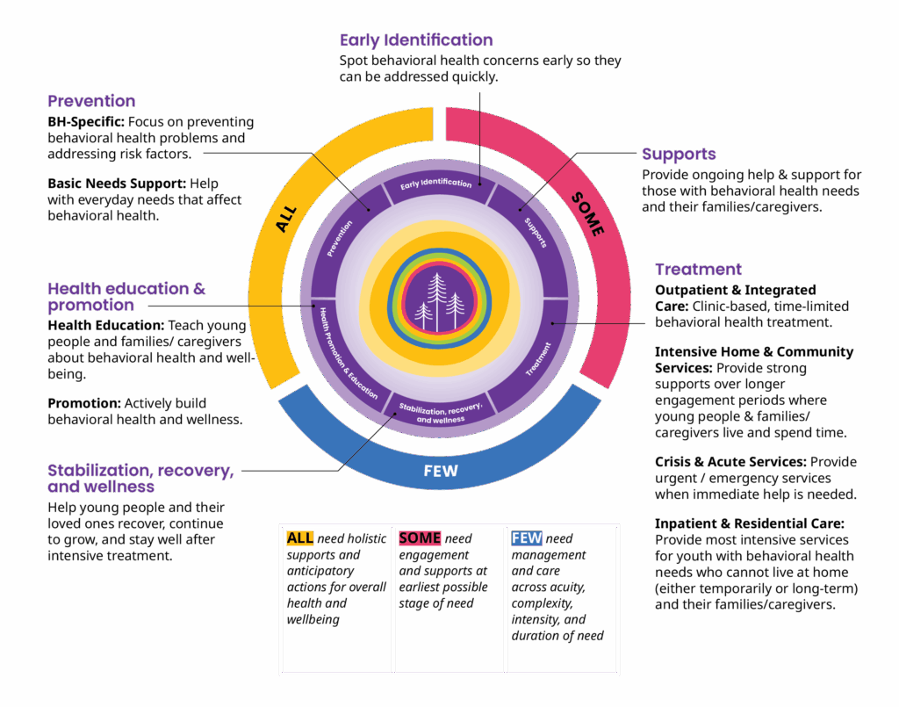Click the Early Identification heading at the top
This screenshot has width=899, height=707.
416,40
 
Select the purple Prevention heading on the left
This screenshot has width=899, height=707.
91,101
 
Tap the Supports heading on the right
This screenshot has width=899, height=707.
679,155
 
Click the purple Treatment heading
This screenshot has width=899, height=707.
698,270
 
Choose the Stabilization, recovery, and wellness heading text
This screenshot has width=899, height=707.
140,479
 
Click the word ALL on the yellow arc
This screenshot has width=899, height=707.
287,219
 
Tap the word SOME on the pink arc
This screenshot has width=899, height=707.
587,213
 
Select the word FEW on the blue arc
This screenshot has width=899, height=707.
441,471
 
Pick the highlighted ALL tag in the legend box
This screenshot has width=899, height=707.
299,538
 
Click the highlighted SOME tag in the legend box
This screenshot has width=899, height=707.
420,538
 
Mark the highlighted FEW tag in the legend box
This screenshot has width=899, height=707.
527,538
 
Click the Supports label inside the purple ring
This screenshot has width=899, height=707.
535,232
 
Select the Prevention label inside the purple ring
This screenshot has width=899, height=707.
340,238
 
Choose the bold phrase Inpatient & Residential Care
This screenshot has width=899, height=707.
749,523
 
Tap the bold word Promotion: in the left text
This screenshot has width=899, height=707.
83,403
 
